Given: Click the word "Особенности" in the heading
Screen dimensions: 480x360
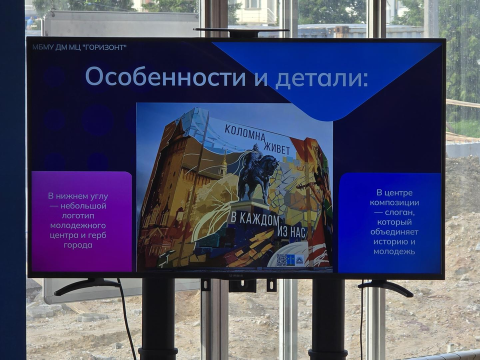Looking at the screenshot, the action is point(165,76).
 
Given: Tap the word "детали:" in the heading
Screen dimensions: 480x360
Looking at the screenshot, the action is point(321,78).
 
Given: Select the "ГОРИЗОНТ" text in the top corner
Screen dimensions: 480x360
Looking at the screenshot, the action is point(103,47).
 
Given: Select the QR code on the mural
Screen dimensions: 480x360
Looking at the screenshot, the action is point(281,260).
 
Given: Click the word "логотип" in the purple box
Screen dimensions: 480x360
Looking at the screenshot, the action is point(78,216).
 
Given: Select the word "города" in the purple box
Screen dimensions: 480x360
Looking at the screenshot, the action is point(78,245).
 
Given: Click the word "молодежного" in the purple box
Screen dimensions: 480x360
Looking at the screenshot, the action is point(78,226).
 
